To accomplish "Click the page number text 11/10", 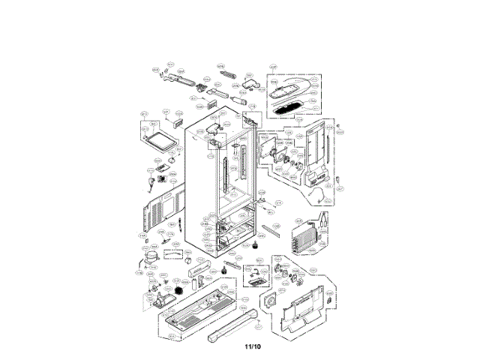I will click(x=251, y=346).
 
